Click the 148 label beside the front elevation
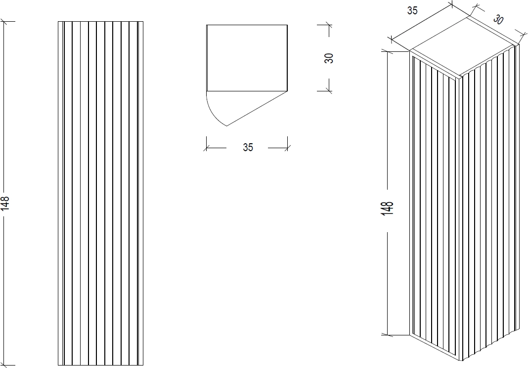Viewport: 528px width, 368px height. (5, 204)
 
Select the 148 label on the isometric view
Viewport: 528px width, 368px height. (388, 208)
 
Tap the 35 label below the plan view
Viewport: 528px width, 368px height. (248, 147)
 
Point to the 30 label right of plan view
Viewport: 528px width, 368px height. (329, 58)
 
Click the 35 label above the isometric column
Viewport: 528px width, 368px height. (412, 11)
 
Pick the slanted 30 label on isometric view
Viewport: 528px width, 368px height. (498, 19)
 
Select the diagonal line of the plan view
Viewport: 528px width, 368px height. (257, 108)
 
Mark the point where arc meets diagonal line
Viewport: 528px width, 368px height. (226, 126)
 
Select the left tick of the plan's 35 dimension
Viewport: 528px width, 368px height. (207, 148)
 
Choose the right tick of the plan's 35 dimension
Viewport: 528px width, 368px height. (288, 148)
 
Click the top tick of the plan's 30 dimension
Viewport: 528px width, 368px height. (329, 25)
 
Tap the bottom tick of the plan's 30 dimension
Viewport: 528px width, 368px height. (329, 91)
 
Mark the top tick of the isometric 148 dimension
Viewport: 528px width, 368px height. (388, 51)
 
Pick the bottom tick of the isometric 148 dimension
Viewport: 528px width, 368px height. (388, 335)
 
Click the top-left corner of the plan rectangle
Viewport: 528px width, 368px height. (207, 25)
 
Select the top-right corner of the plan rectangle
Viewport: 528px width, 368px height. (288, 25)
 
